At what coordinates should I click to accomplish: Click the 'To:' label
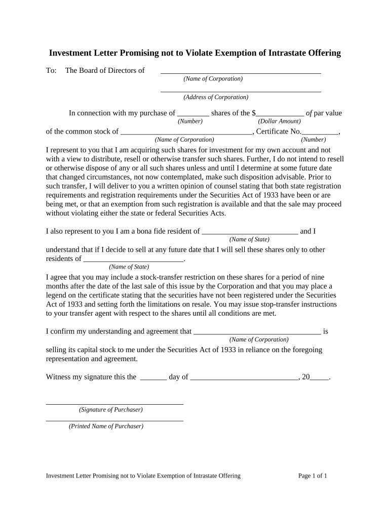51,70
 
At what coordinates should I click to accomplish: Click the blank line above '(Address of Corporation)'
241,91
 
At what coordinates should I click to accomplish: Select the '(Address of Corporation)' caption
216,97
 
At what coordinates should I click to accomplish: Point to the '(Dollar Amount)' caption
279,121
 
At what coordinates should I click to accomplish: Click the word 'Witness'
58,377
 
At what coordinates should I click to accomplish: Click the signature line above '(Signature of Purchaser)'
114,404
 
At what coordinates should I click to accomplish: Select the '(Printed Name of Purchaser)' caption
106,426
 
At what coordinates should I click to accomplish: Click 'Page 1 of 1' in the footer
313,476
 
